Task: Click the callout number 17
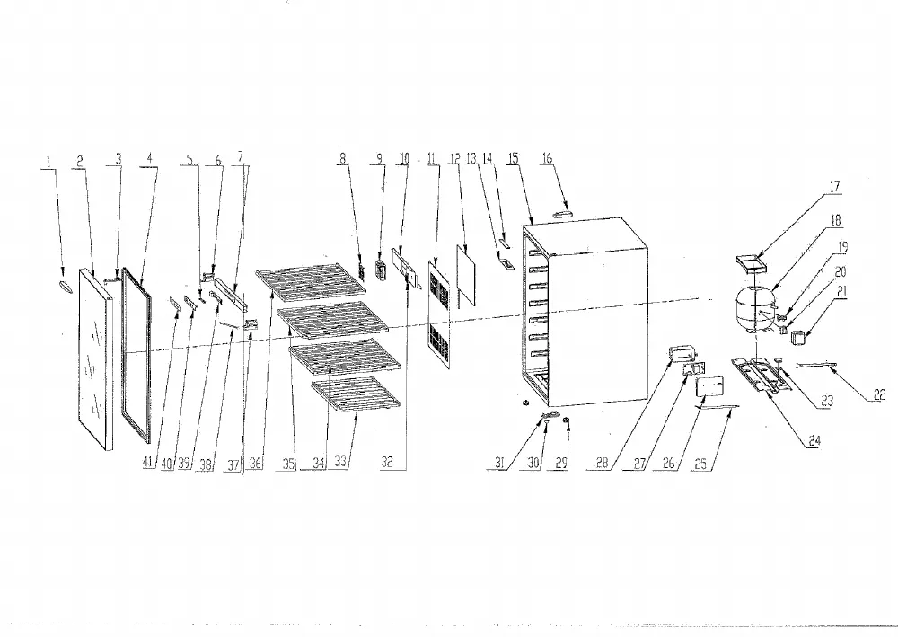click(834, 187)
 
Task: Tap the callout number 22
click(880, 394)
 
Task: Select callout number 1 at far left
click(48, 162)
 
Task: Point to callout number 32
click(387, 463)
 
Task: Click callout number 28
click(602, 463)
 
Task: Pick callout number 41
click(149, 463)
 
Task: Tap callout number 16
click(547, 157)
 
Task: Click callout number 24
click(814, 440)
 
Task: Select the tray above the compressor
click(751, 264)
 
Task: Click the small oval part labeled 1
click(65, 287)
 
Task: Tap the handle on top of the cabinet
click(563, 214)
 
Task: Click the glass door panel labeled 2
click(96, 358)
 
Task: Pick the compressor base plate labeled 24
click(761, 375)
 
